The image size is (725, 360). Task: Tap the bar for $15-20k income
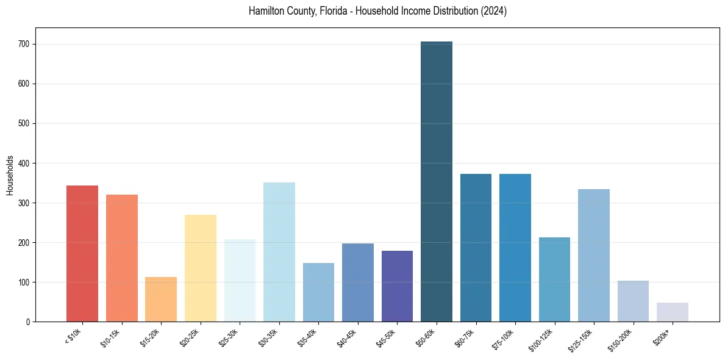click(x=161, y=299)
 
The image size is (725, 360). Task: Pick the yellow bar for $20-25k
click(x=201, y=268)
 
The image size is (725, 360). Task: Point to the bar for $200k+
click(x=673, y=312)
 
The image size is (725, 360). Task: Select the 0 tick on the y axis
click(x=30, y=322)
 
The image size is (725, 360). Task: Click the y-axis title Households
click(x=10, y=175)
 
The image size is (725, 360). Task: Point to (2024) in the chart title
click(x=495, y=11)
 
